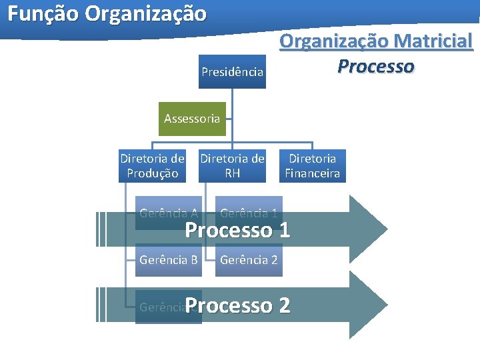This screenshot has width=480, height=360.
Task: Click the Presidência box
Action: [232, 71]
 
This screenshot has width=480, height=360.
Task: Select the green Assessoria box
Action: [192, 119]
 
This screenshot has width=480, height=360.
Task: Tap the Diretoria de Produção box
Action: [152, 166]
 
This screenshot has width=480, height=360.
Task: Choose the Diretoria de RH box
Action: [232, 166]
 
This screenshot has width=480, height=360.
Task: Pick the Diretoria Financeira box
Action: [312, 166]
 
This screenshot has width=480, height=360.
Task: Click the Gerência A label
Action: [168, 214]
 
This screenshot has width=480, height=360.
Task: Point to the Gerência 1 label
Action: [249, 214]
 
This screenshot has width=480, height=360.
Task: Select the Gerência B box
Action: [168, 260]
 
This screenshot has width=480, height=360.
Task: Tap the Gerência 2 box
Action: [249, 260]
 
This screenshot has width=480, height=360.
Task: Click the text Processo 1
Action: [237, 231]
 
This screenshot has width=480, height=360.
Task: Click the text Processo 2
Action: [237, 306]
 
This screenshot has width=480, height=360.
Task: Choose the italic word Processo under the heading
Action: [376, 67]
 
